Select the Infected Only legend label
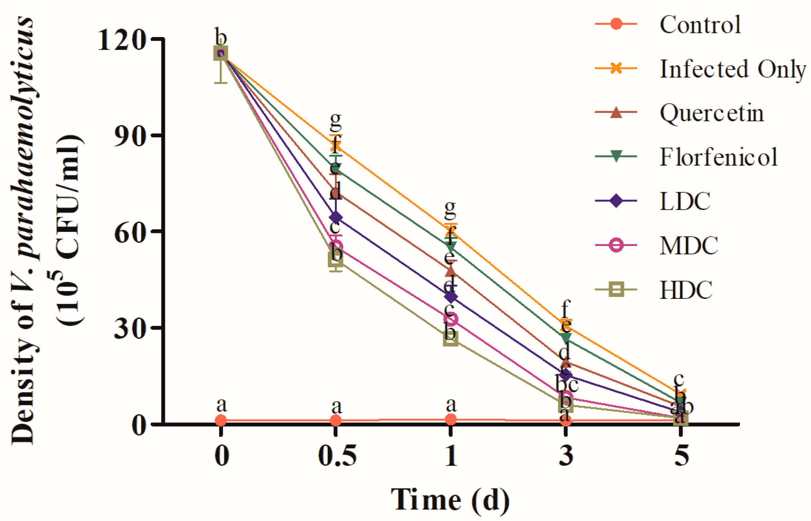click(x=733, y=69)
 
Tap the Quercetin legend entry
click(x=711, y=113)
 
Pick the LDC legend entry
click(x=685, y=201)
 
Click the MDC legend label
click(x=689, y=245)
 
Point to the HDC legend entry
click(x=686, y=290)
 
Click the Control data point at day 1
click(x=451, y=420)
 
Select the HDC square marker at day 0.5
click(x=335, y=259)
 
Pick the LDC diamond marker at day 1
click(x=451, y=297)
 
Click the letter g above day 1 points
click(x=450, y=210)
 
